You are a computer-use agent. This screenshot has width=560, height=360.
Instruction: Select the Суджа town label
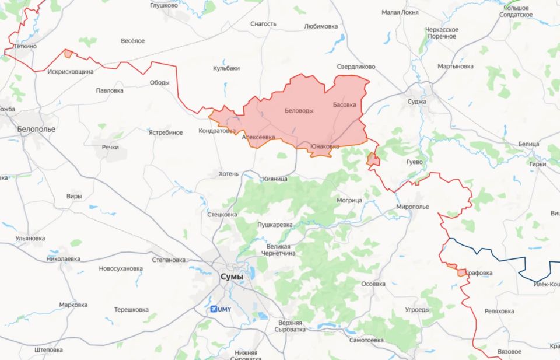pyautogui.click(x=417, y=102)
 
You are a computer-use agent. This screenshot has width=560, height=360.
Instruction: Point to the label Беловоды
pyautogui.click(x=299, y=111)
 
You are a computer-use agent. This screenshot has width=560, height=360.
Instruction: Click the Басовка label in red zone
pyautogui.click(x=344, y=105)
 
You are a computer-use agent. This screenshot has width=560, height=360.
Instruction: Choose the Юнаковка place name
pyautogui.click(x=324, y=146)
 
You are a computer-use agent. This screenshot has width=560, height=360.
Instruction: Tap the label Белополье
pyautogui.click(x=36, y=128)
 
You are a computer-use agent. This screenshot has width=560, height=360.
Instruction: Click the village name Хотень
pyautogui.click(x=229, y=174)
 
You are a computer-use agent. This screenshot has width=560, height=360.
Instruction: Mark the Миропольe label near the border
pyautogui.click(x=412, y=207)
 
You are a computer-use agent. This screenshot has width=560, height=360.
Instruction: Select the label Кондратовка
pyautogui.click(x=217, y=131)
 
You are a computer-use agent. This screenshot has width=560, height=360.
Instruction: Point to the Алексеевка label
pyautogui.click(x=258, y=137)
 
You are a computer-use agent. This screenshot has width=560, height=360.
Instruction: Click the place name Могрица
pyautogui.click(x=349, y=200)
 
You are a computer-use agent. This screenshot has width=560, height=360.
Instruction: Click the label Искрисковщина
pyautogui.click(x=71, y=71)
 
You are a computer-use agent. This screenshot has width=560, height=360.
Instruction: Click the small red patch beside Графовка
pyautogui.click(x=462, y=272)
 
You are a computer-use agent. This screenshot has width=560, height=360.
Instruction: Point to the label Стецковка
pyautogui.click(x=222, y=215)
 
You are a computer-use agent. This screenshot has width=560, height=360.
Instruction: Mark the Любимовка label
pyautogui.click(x=321, y=26)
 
